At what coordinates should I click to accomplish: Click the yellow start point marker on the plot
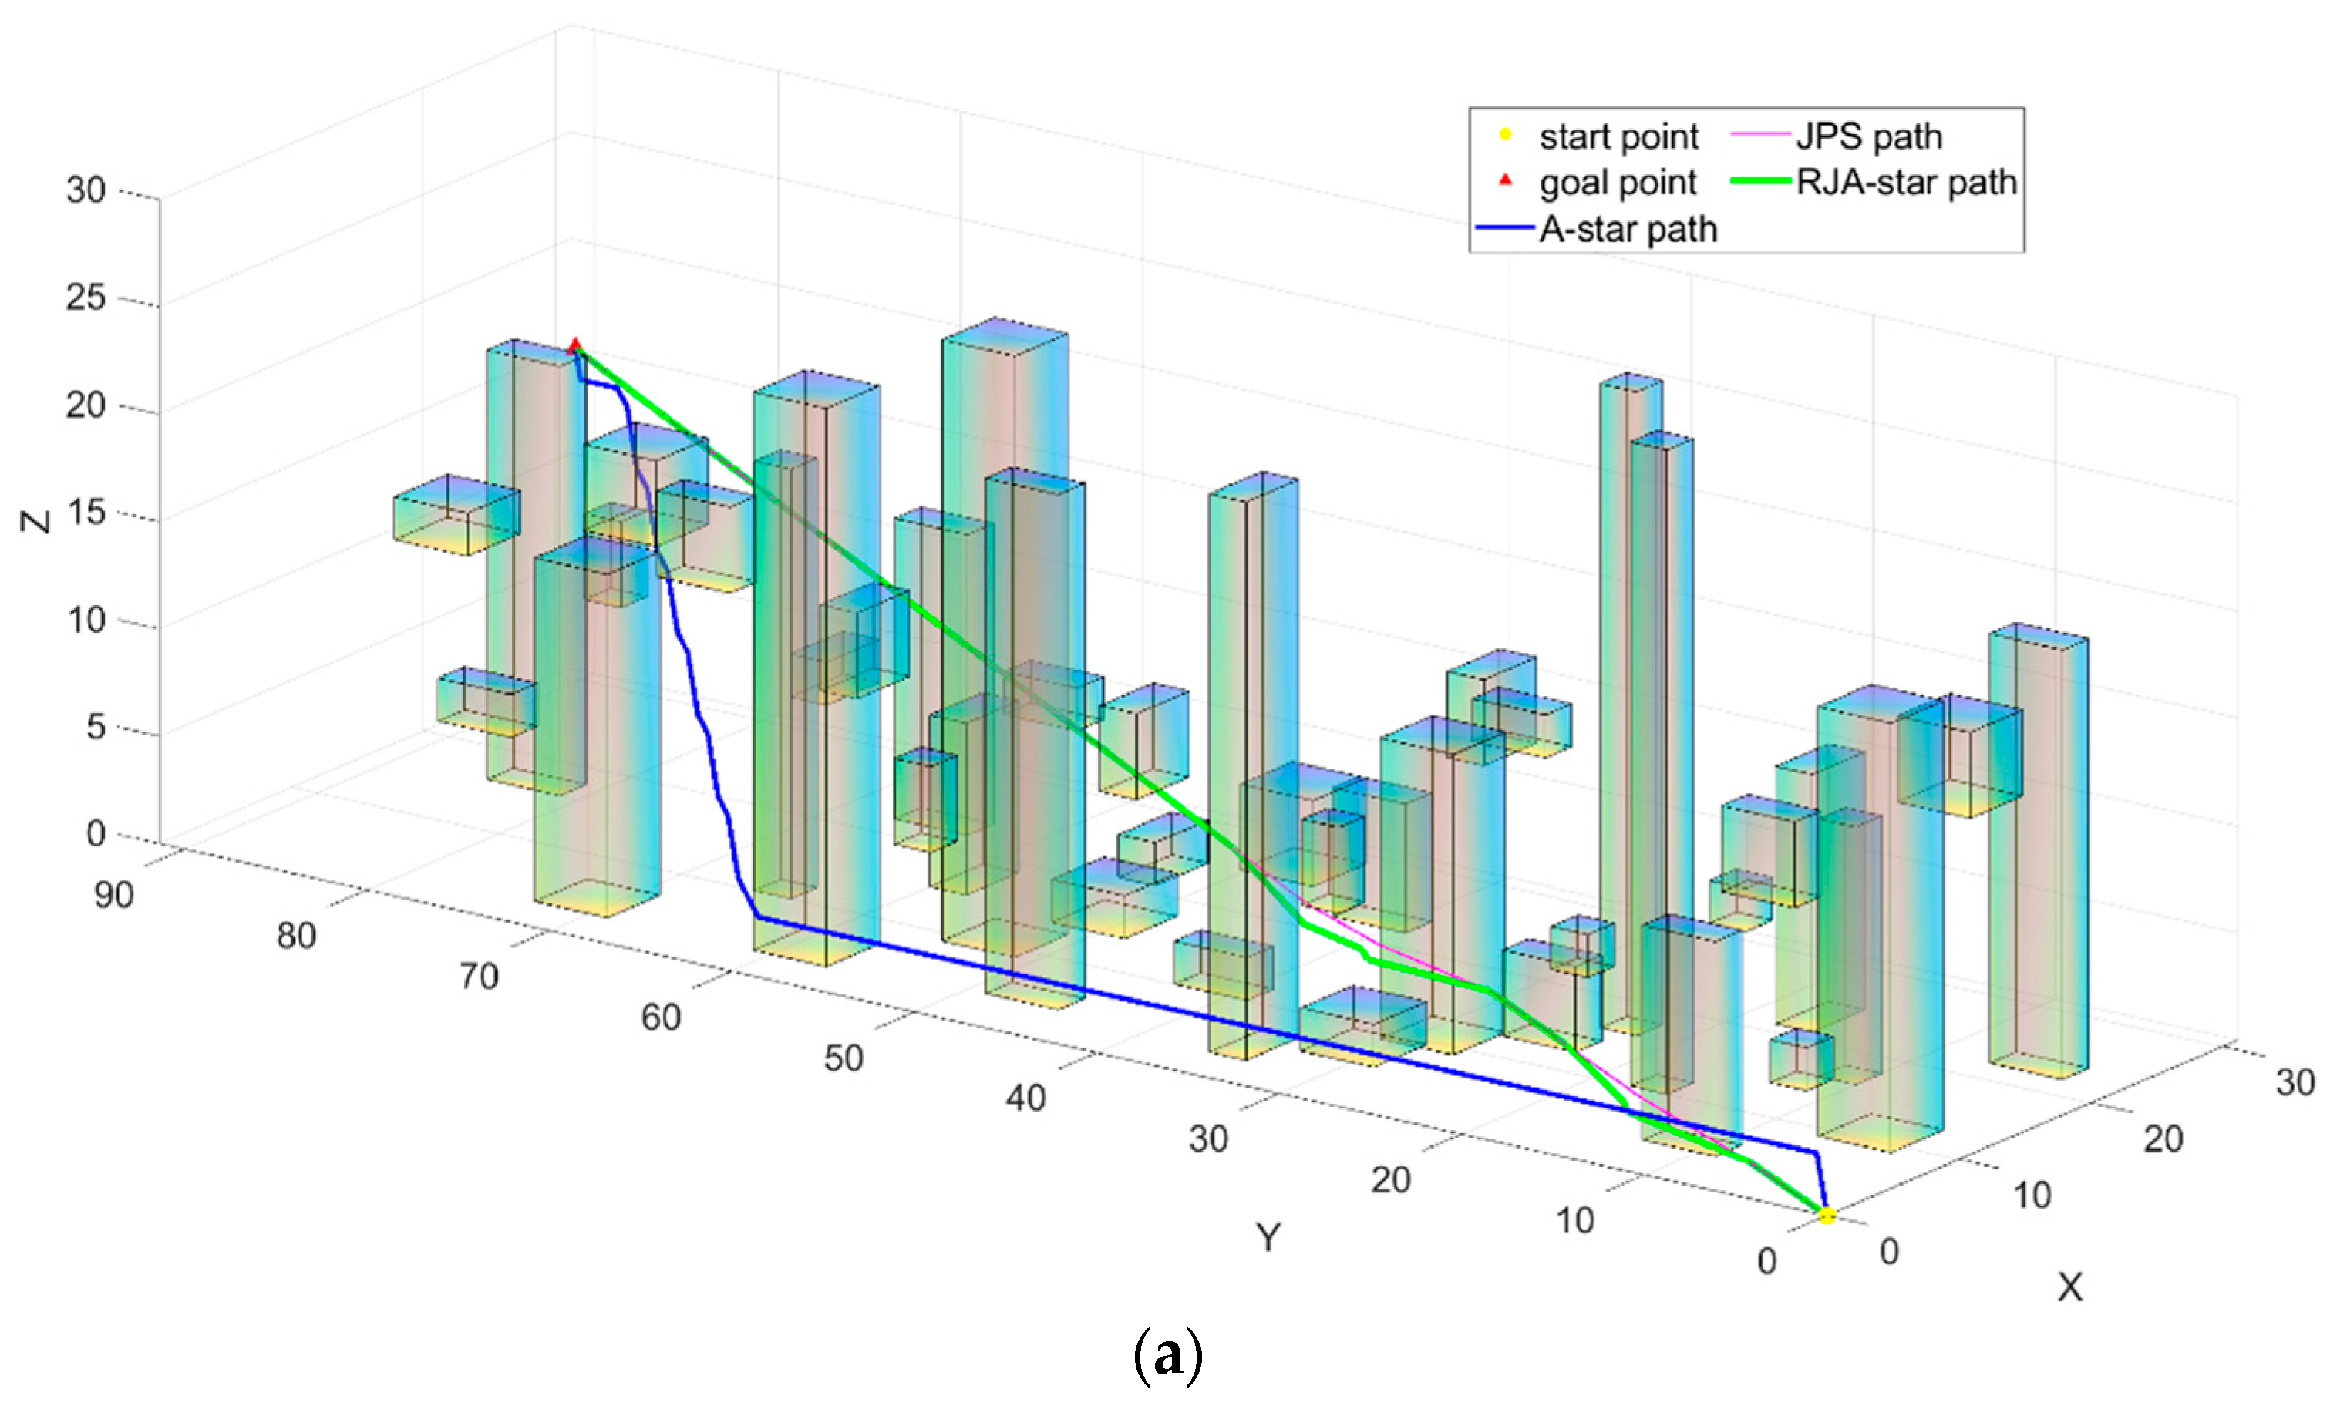pyautogui.click(x=1826, y=1215)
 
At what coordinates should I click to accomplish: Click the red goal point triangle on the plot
pyautogui.click(x=574, y=347)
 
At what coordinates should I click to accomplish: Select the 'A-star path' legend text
pyautogui.click(x=1628, y=229)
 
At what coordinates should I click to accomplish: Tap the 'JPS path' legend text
pyautogui.click(x=1868, y=136)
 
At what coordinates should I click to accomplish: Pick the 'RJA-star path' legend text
pyautogui.click(x=1907, y=182)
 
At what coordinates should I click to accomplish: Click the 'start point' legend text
pyautogui.click(x=1618, y=136)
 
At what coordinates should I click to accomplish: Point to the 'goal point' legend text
pyautogui.click(x=1618, y=182)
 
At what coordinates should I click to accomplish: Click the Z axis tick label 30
pyautogui.click(x=86, y=190)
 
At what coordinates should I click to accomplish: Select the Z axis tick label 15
pyautogui.click(x=86, y=513)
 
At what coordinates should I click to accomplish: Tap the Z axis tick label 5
pyautogui.click(x=96, y=728)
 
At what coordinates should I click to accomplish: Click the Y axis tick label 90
pyautogui.click(x=113, y=894)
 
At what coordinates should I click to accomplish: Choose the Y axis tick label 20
pyautogui.click(x=1391, y=1179)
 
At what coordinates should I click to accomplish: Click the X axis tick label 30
pyautogui.click(x=2295, y=1082)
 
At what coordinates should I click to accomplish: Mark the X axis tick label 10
pyautogui.click(x=2032, y=1196)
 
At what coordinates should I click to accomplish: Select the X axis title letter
pyautogui.click(x=2070, y=1287)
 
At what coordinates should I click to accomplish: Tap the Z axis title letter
pyautogui.click(x=36, y=521)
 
